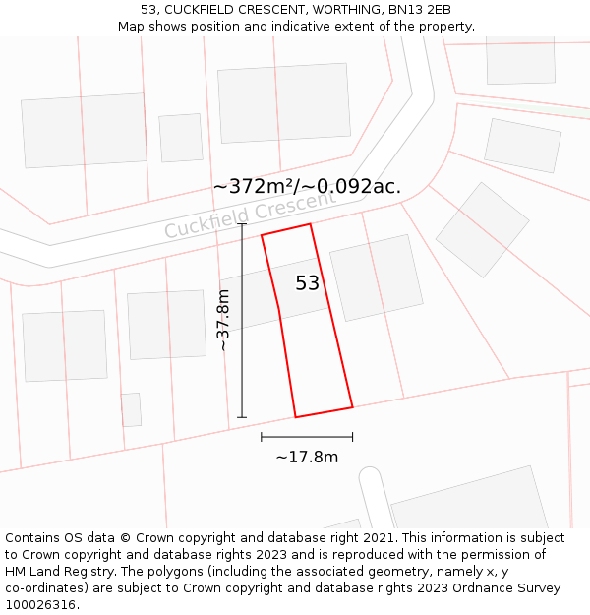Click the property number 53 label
308,283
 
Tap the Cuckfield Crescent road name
250,215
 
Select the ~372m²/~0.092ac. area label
307,186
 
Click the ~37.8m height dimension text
223,320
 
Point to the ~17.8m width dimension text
307,457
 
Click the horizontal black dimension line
307,437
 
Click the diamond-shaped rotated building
482,229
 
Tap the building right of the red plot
377,278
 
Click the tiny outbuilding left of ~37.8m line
131,409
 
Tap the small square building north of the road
181,138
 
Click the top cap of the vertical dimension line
242,224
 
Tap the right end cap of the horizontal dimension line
352,437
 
